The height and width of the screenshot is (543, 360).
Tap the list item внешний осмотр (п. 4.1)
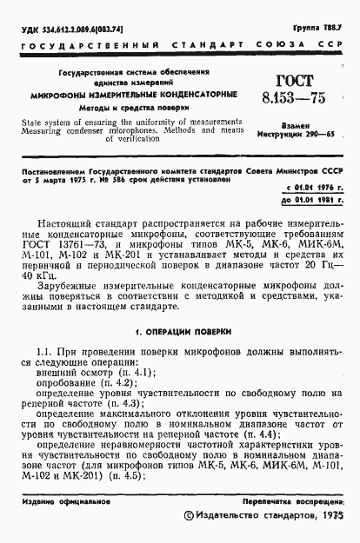pos(92,372)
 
